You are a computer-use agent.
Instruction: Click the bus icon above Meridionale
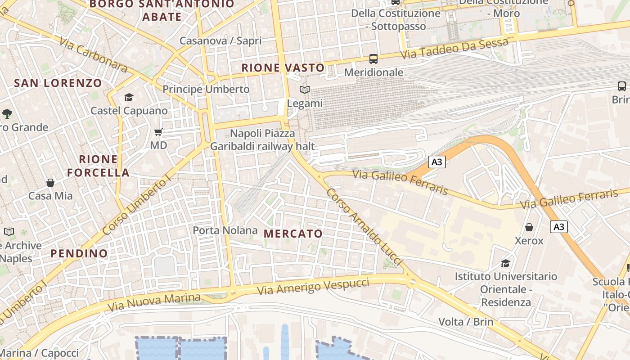pos(373,58)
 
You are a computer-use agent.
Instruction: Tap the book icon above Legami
pos(305,90)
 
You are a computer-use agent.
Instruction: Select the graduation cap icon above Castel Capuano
pos(129,97)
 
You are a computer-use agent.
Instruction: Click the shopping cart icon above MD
pos(158,132)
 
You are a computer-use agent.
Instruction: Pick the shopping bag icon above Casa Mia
pos(50,183)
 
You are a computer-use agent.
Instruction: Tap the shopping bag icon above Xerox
pos(529,227)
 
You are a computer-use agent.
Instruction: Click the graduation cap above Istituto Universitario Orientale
pos(506,263)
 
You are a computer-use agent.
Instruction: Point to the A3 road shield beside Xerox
pos(558,227)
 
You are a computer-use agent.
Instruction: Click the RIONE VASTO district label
pos(283,68)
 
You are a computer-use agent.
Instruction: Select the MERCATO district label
pos(293,234)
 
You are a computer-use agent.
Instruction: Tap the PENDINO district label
pos(79,253)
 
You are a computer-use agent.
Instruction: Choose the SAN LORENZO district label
pos(58,83)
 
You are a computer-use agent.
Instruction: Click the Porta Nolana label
pos(225,230)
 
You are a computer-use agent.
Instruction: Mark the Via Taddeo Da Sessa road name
pos(454,49)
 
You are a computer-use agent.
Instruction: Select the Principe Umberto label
pos(206,89)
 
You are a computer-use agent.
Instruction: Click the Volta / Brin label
pos(466,322)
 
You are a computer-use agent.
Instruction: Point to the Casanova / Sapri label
pos(220,40)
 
